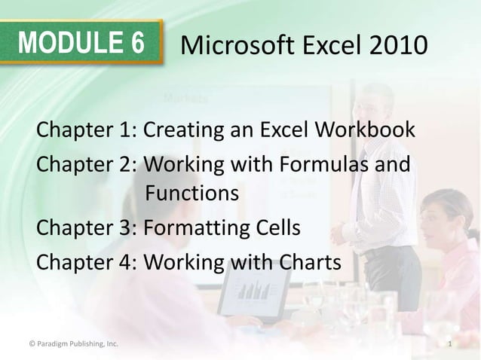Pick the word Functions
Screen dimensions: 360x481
click(191, 194)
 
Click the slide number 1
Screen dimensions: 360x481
click(449, 345)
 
